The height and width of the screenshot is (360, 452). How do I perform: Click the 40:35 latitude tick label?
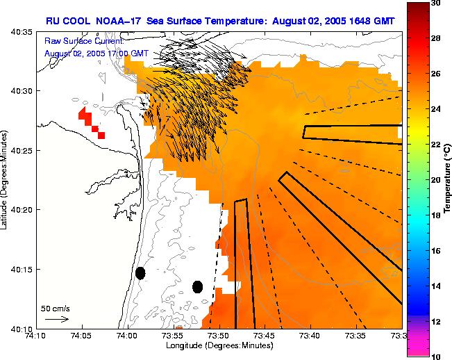[x=19, y=32]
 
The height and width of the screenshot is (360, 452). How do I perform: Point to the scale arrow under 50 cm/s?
[x=56, y=319]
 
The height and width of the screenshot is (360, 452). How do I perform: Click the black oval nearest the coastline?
[x=140, y=273]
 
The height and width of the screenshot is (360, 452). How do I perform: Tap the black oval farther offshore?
[x=198, y=286]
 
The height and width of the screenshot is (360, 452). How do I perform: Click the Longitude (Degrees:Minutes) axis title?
[x=219, y=346]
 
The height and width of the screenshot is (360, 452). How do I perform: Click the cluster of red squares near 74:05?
[x=92, y=122]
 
